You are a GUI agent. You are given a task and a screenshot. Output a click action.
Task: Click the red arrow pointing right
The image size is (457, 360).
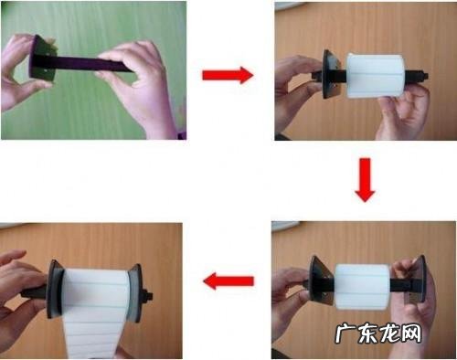point(228,75)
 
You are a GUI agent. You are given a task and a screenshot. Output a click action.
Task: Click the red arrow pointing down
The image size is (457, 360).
point(365,180)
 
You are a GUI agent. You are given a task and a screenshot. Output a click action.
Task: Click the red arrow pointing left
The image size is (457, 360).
point(228,281)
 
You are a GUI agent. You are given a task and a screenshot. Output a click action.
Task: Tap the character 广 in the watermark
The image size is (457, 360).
point(346,334)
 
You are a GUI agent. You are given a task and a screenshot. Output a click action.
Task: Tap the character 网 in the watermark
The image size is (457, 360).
point(411,334)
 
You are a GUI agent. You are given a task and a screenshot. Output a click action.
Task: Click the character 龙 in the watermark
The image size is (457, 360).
point(389,334)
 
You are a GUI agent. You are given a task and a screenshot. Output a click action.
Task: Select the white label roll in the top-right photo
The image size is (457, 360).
point(376,76)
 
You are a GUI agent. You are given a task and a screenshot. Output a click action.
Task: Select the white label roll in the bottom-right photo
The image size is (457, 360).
point(362,286)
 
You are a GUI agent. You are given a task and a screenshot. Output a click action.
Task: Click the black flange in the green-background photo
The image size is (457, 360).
point(42,58)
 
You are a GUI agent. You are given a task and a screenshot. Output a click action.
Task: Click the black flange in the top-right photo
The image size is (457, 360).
point(330,74)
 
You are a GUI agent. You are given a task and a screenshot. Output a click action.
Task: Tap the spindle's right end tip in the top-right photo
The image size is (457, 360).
point(427,75)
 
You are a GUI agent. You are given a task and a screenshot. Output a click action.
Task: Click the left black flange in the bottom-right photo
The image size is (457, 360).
point(321,281)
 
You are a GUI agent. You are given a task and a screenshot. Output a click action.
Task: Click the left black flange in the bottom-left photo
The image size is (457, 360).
point(55,290)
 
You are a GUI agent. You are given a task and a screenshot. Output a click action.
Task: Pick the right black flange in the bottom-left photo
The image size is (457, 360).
point(135,293)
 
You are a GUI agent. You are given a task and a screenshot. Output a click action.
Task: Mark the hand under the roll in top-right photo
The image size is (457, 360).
point(402,112)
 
